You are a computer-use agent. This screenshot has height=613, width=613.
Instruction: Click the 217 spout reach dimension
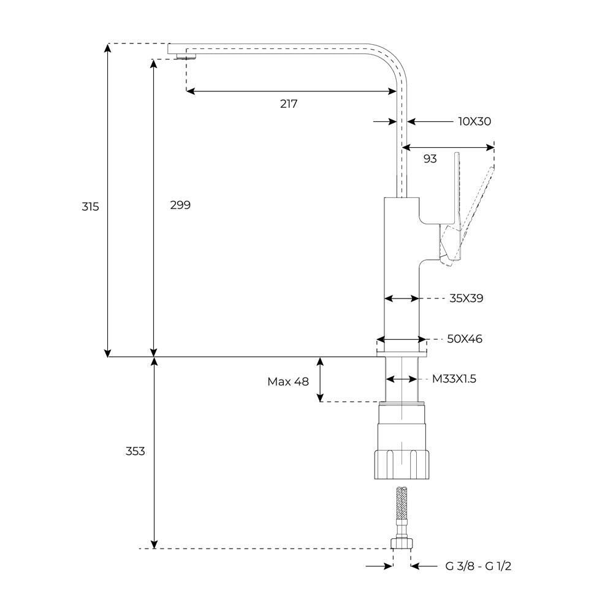point(289,104)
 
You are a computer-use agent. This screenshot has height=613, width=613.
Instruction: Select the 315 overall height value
point(90,207)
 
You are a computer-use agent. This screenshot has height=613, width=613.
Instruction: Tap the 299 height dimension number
point(180,205)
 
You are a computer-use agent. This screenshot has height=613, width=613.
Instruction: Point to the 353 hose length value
point(135,451)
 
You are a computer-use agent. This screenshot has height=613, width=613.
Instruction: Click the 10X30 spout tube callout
point(474,121)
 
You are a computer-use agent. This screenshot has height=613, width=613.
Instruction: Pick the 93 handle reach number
point(430,159)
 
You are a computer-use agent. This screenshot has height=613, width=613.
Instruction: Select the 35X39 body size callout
point(466,299)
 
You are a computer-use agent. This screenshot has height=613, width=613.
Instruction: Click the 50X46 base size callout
point(465,338)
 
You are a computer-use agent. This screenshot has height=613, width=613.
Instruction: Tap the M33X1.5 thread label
point(454,379)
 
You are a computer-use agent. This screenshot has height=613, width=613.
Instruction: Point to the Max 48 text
point(288,381)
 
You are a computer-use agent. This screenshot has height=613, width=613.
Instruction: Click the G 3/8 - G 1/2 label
point(478,566)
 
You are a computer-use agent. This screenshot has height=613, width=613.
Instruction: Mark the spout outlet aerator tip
point(186,56)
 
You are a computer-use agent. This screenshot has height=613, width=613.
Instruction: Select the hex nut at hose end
point(402,543)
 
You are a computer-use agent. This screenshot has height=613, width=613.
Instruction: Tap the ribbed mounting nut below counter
point(402,465)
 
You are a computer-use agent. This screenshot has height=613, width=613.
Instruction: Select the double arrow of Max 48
point(320,379)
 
